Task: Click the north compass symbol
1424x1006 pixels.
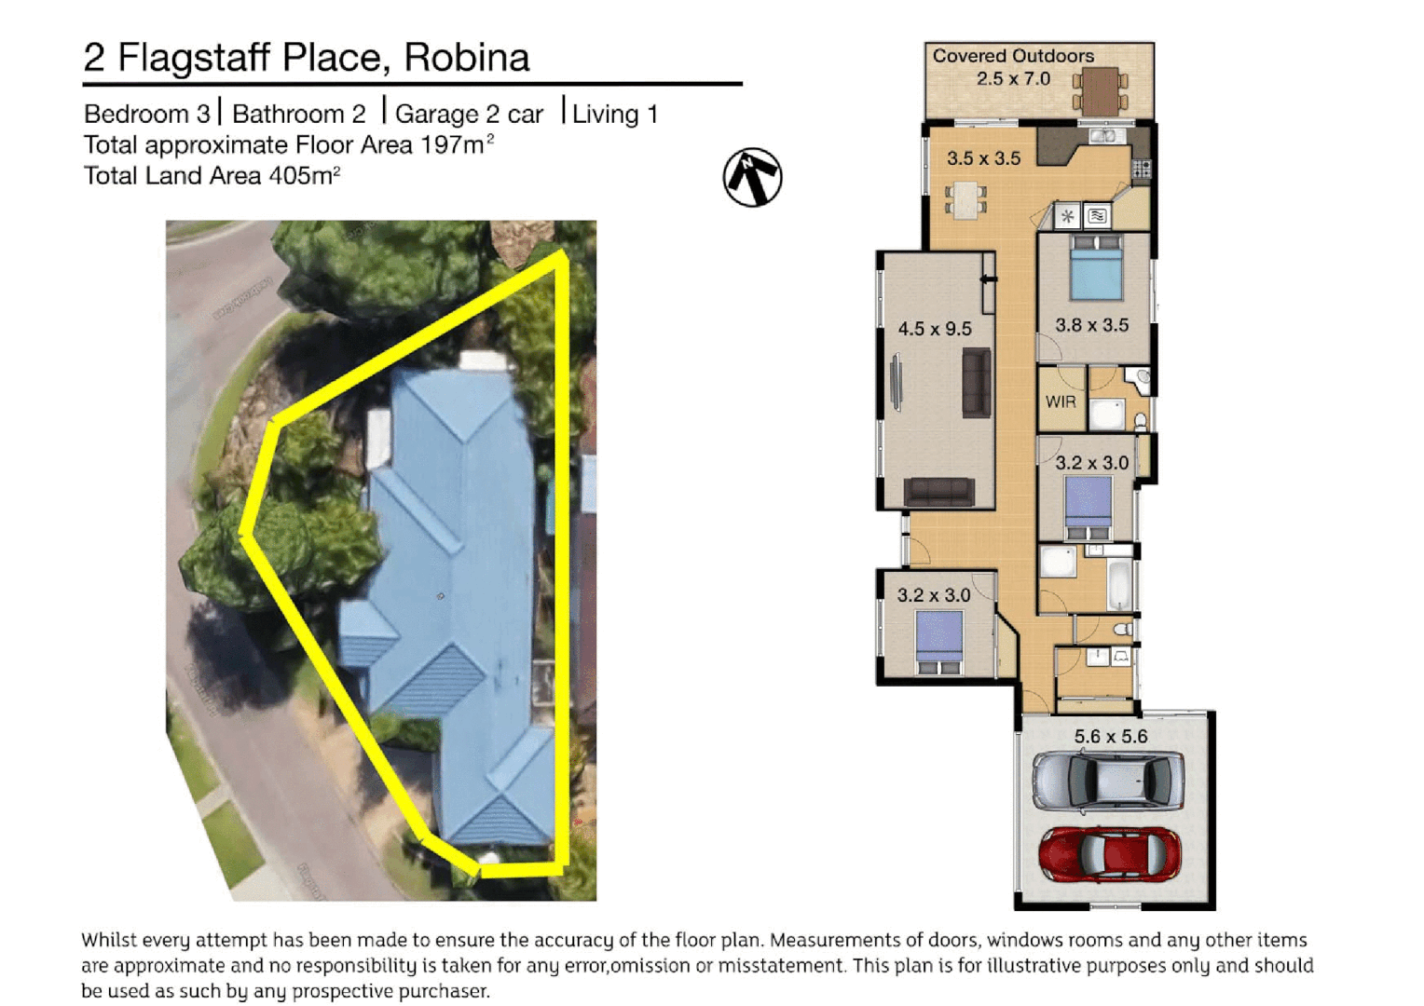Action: (752, 177)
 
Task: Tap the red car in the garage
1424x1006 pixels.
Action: (1109, 854)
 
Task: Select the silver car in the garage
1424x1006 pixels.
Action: (1109, 780)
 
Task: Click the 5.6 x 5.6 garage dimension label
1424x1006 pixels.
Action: (1110, 737)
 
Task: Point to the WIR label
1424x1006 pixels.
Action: (1061, 402)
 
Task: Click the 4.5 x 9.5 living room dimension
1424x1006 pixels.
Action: (934, 329)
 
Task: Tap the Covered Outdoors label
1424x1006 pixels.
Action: (1013, 56)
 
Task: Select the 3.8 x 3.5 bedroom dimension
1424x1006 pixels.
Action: (1091, 325)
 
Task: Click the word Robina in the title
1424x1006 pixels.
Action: (467, 58)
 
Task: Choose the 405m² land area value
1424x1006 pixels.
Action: (304, 175)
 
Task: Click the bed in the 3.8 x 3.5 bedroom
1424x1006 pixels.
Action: (1096, 268)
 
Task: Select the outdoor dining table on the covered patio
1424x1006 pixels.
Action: (1101, 91)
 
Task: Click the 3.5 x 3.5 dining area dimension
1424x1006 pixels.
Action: (983, 158)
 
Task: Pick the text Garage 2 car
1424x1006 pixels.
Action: (469, 115)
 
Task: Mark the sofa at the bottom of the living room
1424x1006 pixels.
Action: (939, 491)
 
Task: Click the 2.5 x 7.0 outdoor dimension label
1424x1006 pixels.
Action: (1013, 79)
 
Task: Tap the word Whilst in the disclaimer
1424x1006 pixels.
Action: (108, 941)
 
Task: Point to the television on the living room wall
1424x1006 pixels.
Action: (897, 382)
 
